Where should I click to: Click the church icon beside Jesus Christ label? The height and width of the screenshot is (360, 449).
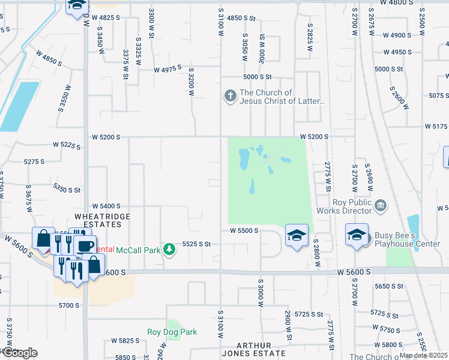point(230,95)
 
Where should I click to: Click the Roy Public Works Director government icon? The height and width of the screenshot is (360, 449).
point(380,206)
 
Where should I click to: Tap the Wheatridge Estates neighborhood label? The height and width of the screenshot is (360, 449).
point(98,220)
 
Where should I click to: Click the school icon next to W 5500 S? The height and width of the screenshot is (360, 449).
point(297,235)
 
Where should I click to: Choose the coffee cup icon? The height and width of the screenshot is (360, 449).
point(85,245)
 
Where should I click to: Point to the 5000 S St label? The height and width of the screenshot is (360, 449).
point(258,77)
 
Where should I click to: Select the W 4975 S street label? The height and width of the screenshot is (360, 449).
point(167,69)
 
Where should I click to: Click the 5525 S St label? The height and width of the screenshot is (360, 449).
point(197,244)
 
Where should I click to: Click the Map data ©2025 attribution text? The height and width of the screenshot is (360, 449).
point(423,355)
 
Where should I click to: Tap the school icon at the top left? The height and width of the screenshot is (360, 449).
point(76,6)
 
